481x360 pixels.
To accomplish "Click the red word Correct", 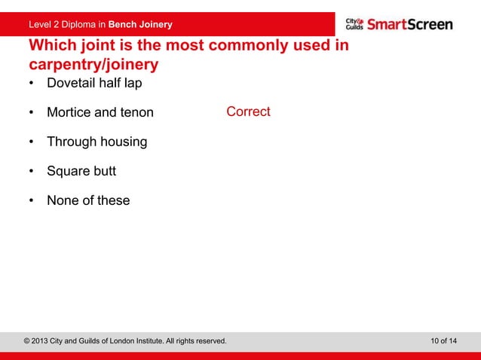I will [x=248, y=111].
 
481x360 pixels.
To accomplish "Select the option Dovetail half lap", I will [x=94, y=83].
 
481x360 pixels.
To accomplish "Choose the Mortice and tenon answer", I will [x=100, y=112].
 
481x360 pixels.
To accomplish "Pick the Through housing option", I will [x=97, y=142].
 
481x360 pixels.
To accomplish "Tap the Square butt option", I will [x=81, y=171].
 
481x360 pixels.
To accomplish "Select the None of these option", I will [x=88, y=200].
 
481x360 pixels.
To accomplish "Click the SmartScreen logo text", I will [x=410, y=24].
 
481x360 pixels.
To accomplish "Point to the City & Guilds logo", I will [x=354, y=24].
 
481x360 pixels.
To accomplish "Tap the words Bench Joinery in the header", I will [x=140, y=24].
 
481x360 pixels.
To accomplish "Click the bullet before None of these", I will [x=32, y=201].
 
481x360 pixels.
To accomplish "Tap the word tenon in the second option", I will [x=136, y=112].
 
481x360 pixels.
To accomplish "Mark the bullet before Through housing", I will [x=32, y=142].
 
